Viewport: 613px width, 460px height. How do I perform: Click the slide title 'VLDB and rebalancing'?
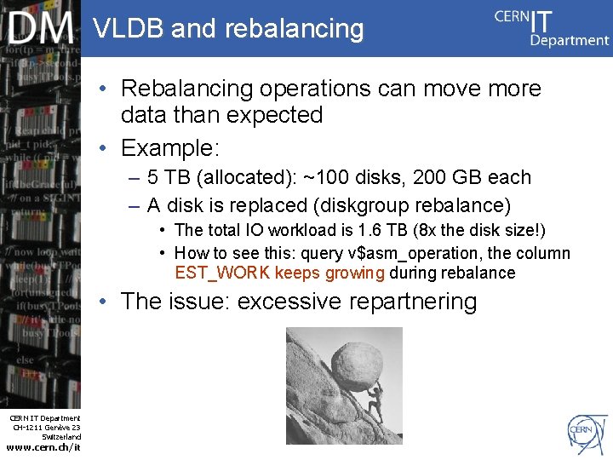tap(228, 29)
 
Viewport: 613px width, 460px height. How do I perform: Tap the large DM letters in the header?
tap(41, 30)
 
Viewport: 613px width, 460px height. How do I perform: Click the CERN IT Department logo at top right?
tap(552, 28)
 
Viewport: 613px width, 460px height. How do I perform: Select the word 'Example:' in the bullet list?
tap(170, 148)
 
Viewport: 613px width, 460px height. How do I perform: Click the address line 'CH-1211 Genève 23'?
tap(47, 428)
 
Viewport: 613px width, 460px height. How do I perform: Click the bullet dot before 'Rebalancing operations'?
tap(102, 89)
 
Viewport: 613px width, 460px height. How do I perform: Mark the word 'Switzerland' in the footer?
tap(60, 437)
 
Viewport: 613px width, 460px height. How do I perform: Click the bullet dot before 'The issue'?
tap(102, 302)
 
